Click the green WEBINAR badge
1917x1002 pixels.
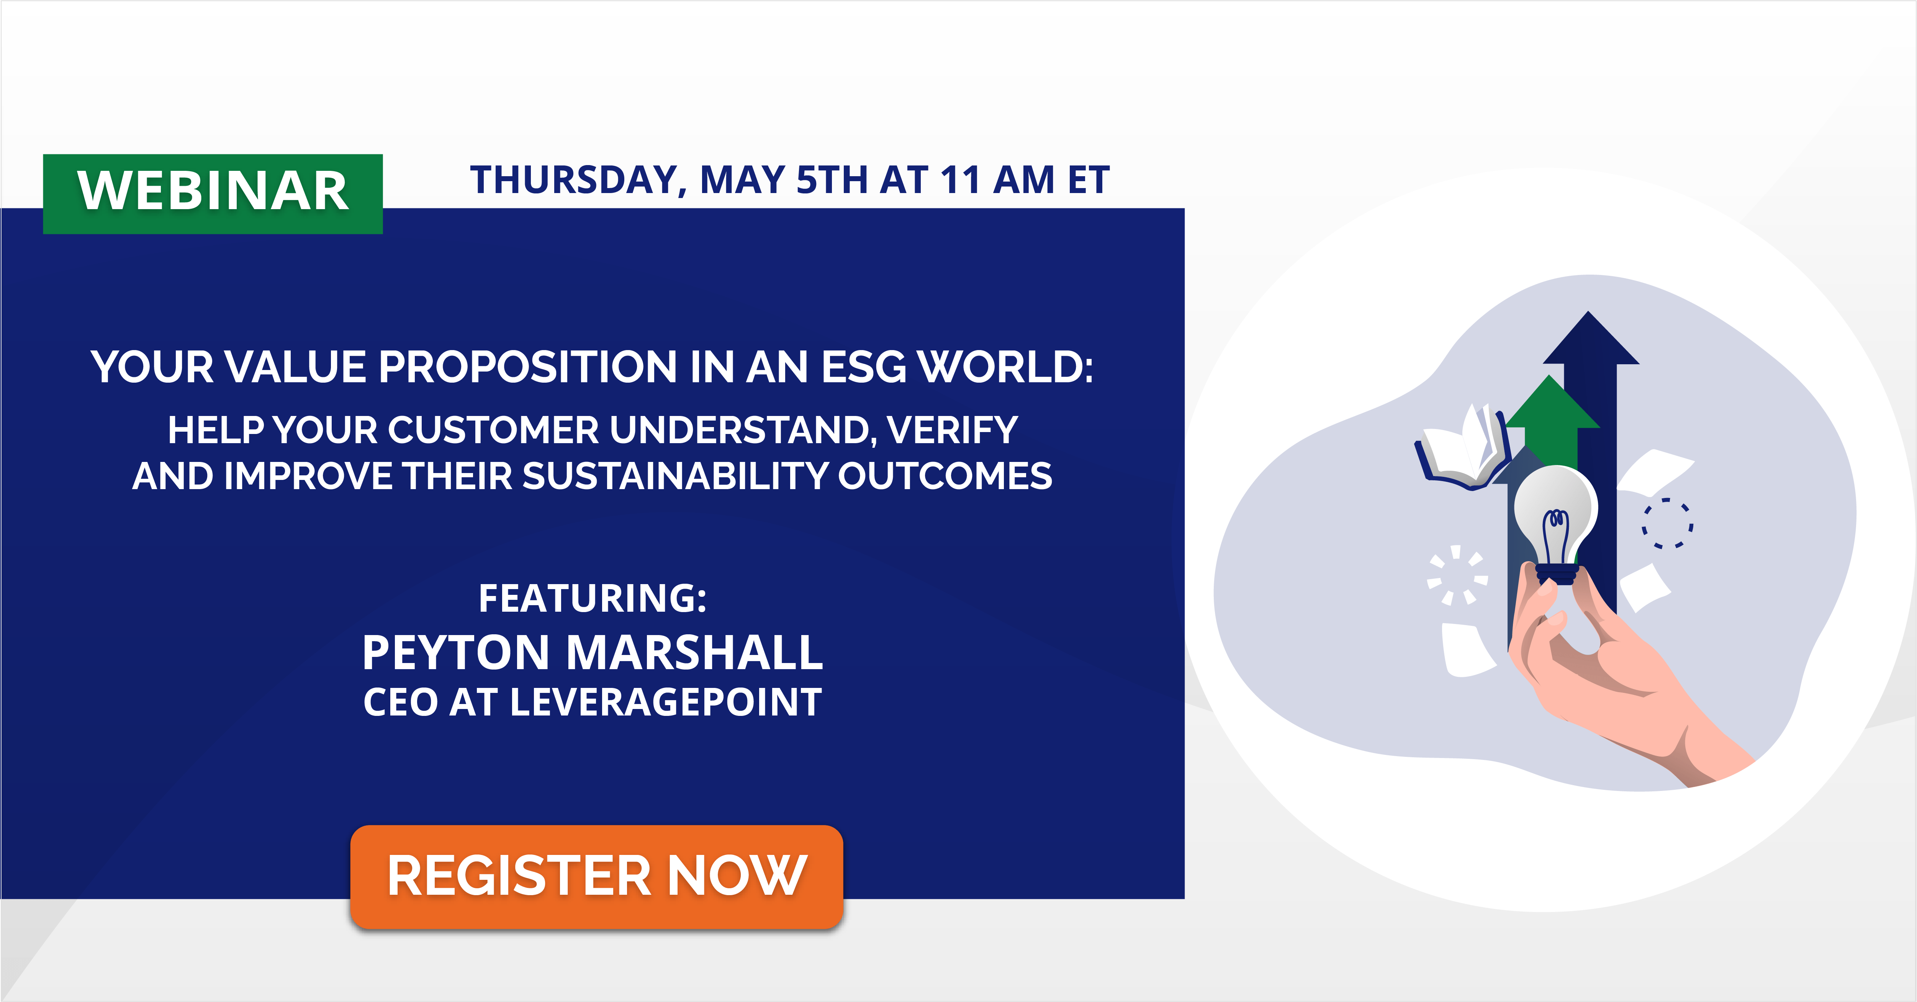(x=213, y=193)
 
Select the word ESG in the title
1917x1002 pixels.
(x=863, y=367)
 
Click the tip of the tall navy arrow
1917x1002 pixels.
(x=1589, y=316)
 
